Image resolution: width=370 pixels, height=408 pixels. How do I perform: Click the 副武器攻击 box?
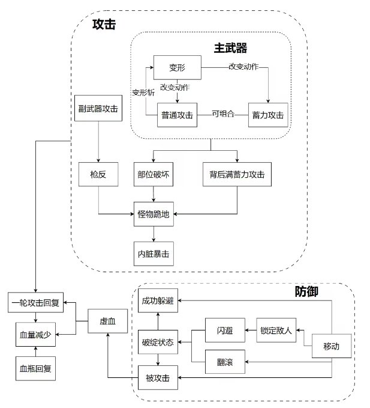[98, 109]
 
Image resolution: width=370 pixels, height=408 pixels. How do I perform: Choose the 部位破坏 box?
[155, 174]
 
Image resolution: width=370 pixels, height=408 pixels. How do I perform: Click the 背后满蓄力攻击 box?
[237, 174]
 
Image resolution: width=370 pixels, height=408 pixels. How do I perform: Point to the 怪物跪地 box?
[155, 213]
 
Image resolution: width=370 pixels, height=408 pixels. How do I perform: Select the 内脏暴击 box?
[155, 254]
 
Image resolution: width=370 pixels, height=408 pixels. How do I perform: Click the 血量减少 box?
[35, 335]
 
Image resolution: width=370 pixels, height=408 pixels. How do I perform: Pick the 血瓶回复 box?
[35, 368]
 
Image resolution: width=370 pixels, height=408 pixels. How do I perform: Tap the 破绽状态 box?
[158, 342]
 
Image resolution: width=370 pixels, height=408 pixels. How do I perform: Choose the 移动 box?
[331, 346]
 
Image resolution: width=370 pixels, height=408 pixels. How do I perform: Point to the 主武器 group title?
[230, 46]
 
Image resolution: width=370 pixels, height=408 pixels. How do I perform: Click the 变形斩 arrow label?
[143, 92]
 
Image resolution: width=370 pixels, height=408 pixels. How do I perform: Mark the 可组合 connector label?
[222, 113]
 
